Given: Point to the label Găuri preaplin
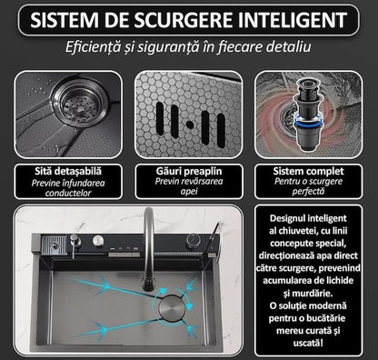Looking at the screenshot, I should click(189, 170).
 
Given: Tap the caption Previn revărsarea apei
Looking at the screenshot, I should click(189, 188).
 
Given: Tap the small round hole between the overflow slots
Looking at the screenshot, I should click(189, 122).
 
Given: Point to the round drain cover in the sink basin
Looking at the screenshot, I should click(173, 307).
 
